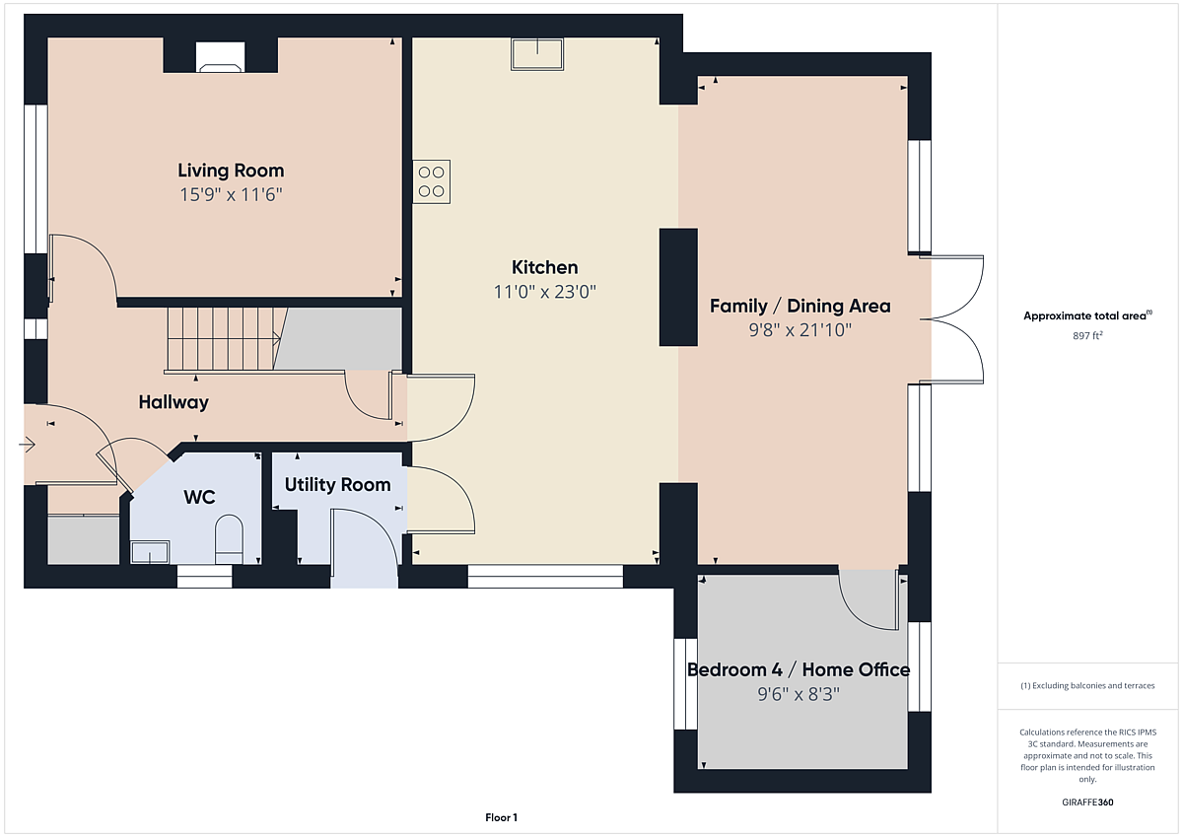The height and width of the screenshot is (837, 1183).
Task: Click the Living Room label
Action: (x=231, y=171)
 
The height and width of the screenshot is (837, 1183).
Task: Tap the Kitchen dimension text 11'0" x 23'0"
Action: (x=544, y=292)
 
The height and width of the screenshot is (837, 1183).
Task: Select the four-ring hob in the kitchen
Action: (x=432, y=181)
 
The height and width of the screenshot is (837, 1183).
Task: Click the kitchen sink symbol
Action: (x=537, y=54)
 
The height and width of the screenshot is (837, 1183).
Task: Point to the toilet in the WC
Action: (x=229, y=539)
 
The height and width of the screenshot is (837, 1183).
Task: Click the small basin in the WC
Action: (x=150, y=552)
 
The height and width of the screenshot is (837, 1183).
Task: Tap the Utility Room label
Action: (x=337, y=485)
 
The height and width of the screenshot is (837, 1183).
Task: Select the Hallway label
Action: (x=174, y=402)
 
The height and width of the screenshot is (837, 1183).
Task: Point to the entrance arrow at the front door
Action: (x=27, y=445)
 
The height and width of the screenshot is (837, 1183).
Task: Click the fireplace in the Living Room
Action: (x=220, y=57)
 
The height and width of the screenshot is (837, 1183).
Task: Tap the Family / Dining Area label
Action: (x=800, y=306)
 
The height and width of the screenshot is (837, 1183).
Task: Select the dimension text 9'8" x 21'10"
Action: (x=800, y=330)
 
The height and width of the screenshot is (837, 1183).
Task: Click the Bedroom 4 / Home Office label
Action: (x=799, y=669)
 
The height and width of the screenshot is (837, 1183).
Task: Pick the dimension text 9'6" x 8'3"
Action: (x=799, y=694)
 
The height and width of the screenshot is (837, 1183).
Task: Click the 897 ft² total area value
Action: (x=1087, y=335)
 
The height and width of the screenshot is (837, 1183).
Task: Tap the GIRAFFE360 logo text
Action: (x=1087, y=802)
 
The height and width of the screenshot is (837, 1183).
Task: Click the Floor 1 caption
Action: (x=501, y=817)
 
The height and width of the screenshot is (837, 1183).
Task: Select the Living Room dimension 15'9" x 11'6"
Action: (x=231, y=195)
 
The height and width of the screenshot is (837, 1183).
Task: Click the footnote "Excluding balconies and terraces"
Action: (x=1093, y=685)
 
